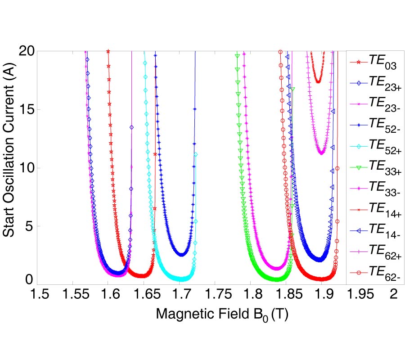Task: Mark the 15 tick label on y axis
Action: pyautogui.click(x=27, y=109)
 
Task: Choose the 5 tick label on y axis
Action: pyautogui.click(x=30, y=226)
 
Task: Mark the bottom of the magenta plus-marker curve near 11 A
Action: pyautogui.click(x=321, y=153)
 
